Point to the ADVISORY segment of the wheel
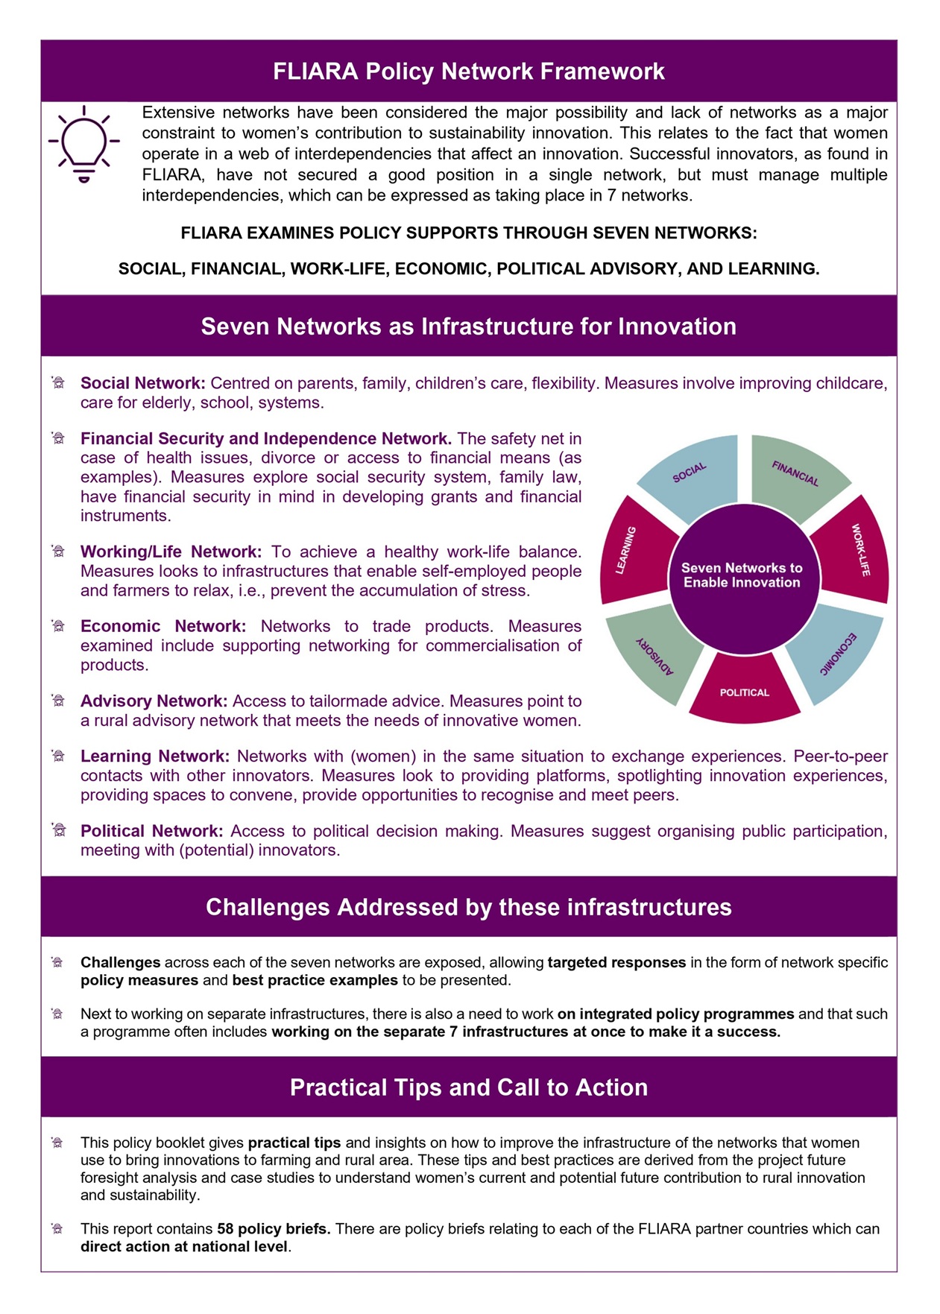coord(654,654)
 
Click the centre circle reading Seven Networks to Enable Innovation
coord(742,575)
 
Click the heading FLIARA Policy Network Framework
coord(469,72)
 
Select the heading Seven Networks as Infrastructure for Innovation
coord(469,326)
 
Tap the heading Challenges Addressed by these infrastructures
coord(469,907)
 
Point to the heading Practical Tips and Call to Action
coord(469,1087)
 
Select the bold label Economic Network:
coord(163,626)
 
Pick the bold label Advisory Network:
coord(154,701)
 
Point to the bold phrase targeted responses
coord(616,962)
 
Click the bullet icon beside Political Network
coord(59,830)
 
